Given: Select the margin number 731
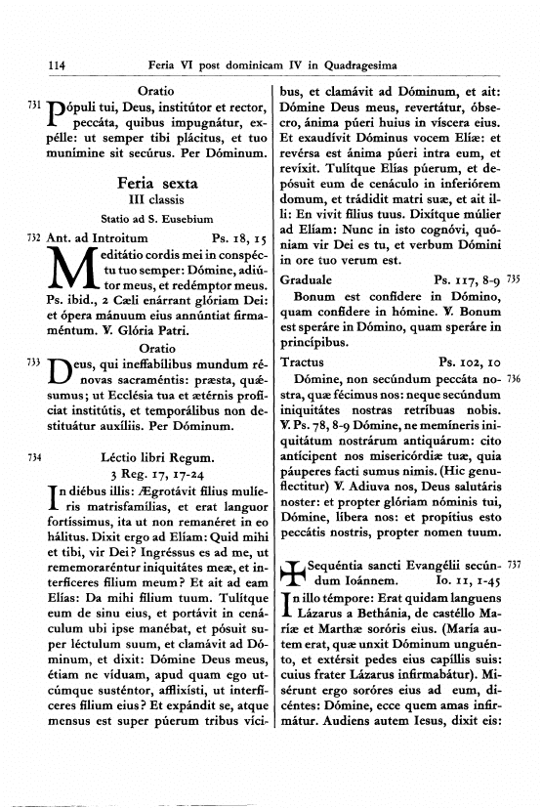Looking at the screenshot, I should point(33,103).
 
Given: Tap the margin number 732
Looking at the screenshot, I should point(33,236).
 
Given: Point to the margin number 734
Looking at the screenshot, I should point(33,456).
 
